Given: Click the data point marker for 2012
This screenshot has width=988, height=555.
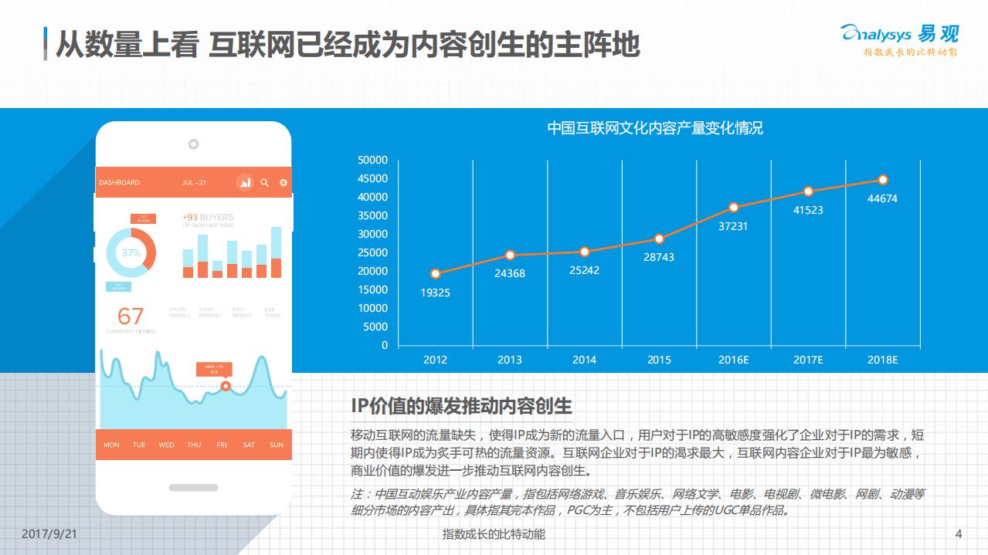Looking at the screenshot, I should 436,273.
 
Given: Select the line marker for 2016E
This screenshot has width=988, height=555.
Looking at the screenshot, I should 734,207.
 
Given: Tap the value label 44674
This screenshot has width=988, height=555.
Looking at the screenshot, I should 882,198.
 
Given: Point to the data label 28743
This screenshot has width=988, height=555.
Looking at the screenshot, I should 659,257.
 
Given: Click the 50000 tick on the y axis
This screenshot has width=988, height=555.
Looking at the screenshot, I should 373,160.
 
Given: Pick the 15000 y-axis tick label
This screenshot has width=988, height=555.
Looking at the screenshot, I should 373,289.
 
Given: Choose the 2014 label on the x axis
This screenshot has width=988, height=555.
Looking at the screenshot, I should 584,360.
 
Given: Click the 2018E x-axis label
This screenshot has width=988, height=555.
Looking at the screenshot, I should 882,360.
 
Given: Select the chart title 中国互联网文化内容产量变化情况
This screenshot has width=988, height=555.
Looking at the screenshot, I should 655,128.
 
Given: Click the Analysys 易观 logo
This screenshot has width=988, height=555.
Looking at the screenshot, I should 900,35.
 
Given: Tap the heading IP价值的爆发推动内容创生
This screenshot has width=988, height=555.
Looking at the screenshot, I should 461,406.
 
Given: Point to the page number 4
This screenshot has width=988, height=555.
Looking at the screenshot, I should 959,534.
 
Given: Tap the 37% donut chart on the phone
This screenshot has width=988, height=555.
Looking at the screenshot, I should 131,252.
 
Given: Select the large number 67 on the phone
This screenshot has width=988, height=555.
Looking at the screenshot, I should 131,316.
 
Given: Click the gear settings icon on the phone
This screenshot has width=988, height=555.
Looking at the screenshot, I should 283,183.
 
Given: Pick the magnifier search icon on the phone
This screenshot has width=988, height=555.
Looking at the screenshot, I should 264,183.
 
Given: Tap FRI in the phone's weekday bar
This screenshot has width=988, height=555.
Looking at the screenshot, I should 222,445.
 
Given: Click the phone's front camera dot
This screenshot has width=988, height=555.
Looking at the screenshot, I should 193,144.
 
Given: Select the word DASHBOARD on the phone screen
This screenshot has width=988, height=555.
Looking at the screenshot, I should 120,183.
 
